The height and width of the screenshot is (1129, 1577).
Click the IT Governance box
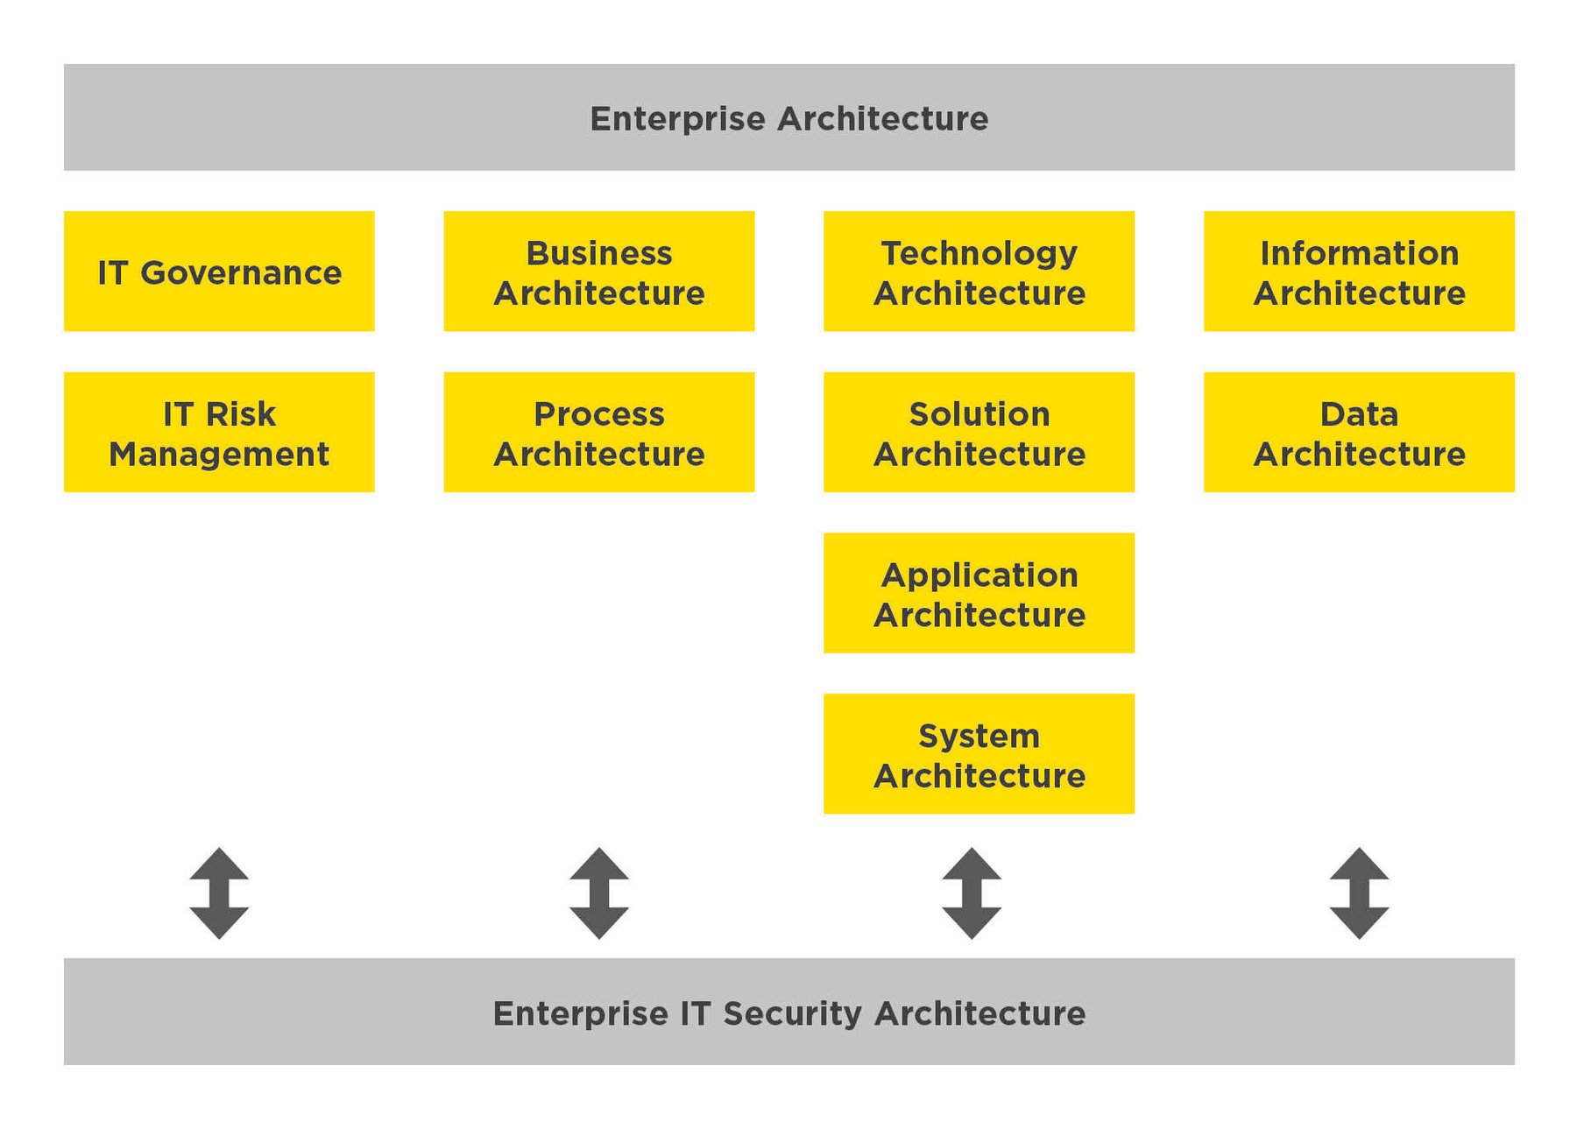(x=219, y=271)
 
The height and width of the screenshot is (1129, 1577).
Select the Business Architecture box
(x=598, y=271)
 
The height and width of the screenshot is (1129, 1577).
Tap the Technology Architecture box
(x=979, y=271)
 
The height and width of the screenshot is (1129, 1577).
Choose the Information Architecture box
(x=1359, y=271)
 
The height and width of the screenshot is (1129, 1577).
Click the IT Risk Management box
(x=219, y=432)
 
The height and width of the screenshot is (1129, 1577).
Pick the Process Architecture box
(x=598, y=432)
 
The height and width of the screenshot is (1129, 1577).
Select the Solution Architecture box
(x=979, y=432)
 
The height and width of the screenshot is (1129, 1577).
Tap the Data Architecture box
(x=1359, y=432)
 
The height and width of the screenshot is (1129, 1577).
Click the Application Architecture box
(x=979, y=593)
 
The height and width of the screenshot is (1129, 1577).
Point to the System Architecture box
(x=979, y=754)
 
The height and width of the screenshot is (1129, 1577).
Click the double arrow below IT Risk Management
(x=219, y=893)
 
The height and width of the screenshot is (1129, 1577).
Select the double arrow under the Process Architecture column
(x=598, y=893)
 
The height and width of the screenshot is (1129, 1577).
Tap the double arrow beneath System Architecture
(x=972, y=893)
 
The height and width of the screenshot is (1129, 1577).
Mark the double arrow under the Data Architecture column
(x=1359, y=893)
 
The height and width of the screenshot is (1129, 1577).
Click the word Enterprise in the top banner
(x=676, y=119)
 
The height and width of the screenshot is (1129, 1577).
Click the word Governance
(x=241, y=273)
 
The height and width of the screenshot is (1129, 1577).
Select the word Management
(x=219, y=455)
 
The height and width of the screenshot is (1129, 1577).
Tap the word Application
(x=979, y=575)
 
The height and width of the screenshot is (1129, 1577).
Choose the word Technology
(x=979, y=254)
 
